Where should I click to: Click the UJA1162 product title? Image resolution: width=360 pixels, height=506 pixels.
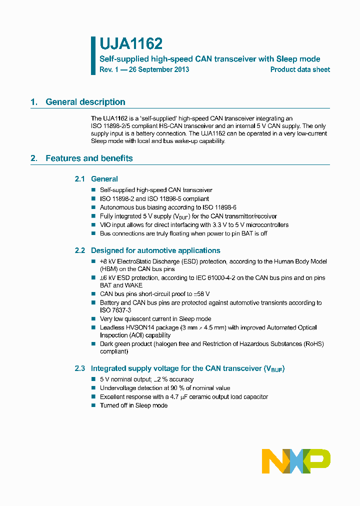(x=131, y=44)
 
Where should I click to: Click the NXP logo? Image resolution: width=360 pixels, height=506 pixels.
(x=296, y=461)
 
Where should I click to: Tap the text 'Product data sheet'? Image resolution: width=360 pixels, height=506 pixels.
(x=300, y=69)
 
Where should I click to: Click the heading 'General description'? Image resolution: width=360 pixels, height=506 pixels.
(x=85, y=102)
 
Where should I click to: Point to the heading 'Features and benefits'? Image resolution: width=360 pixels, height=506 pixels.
(x=89, y=158)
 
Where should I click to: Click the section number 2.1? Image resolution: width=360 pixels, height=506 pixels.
(x=80, y=179)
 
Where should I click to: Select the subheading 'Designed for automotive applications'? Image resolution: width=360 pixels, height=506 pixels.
(x=155, y=250)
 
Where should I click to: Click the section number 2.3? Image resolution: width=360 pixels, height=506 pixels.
(x=80, y=368)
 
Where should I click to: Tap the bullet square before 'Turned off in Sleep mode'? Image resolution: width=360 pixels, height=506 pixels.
(x=93, y=405)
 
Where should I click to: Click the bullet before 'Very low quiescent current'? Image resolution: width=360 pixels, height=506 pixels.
(x=93, y=319)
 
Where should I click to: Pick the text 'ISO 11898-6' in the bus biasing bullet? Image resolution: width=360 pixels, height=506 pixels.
(x=220, y=207)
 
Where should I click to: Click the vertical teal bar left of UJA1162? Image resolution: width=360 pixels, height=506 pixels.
(x=93, y=55)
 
